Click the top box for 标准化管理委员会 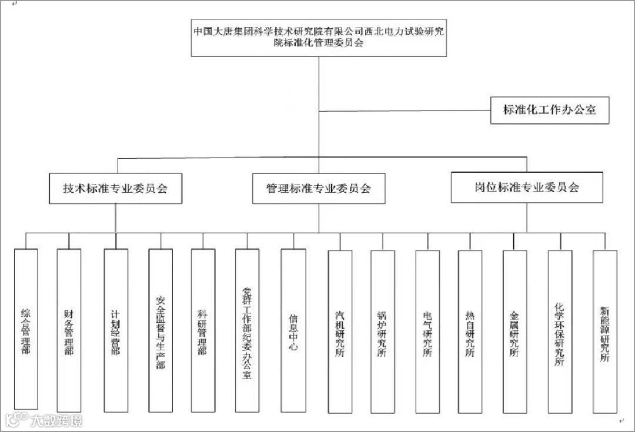coord(319,36)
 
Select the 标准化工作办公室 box coord(550,109)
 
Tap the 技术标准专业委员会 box coord(115,189)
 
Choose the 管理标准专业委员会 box coord(319,189)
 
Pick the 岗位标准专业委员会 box coord(527,187)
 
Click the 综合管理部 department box coord(25,329)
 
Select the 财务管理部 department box coord(69,329)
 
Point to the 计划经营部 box coord(116,329)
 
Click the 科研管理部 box coord(203,329)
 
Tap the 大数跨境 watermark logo coord(44,420)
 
